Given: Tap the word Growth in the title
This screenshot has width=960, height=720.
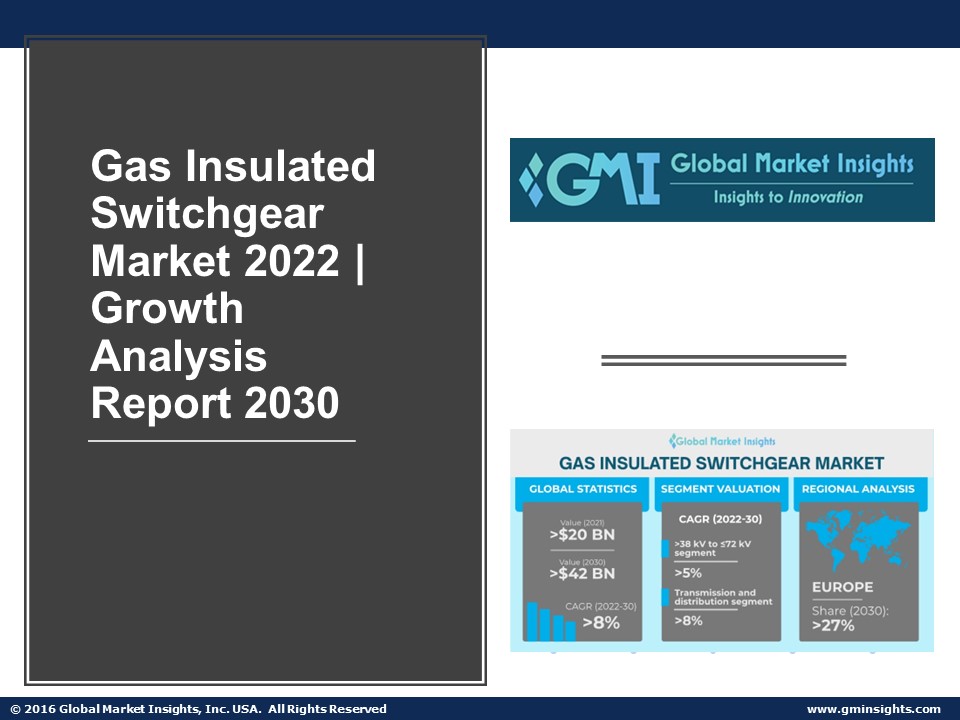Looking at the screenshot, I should [167, 309].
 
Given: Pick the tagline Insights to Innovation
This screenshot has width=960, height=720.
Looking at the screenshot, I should [788, 197].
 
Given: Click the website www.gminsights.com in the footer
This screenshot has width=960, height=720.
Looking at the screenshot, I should [873, 709].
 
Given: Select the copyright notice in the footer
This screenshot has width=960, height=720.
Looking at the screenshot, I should [198, 709].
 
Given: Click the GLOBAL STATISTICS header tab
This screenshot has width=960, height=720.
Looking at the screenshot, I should [582, 489].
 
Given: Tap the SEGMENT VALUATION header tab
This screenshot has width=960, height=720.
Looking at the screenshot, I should [720, 489].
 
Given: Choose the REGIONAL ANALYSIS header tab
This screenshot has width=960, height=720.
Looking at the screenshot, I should [858, 489].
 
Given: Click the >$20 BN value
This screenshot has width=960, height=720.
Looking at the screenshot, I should [582, 535].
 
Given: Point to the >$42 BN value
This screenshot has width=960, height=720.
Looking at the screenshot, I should [582, 574].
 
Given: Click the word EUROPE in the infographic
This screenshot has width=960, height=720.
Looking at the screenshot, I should [842, 587].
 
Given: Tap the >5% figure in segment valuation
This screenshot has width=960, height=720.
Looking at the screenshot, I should [688, 574].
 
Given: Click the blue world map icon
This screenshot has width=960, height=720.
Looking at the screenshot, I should [857, 540].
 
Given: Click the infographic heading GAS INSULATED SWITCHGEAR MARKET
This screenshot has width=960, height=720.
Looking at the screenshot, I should [721, 463].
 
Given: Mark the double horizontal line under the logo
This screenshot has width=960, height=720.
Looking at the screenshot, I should [723, 361].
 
